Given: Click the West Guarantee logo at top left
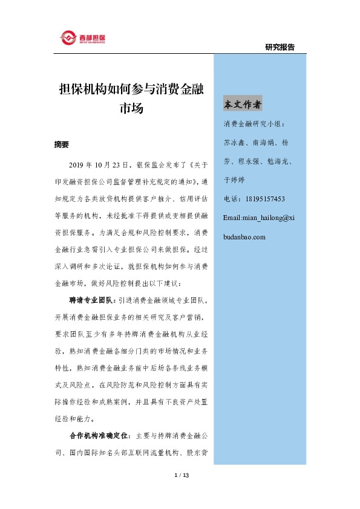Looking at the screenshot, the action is pyautogui.click(x=83, y=37).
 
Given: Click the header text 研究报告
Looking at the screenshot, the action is pyautogui.click(x=280, y=47).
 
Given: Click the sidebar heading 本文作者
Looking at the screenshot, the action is pyautogui.click(x=243, y=105).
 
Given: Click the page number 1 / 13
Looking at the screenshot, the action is pyautogui.click(x=182, y=476).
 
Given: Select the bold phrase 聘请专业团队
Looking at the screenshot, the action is pyautogui.click(x=88, y=299).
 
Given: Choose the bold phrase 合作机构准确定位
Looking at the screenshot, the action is pyautogui.click(x=97, y=435).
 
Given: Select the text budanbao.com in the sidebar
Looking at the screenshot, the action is pyautogui.click(x=244, y=236).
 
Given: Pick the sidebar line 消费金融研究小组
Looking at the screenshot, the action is pyautogui.click(x=257, y=125).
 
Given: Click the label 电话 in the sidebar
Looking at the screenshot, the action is pyautogui.click(x=232, y=198).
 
